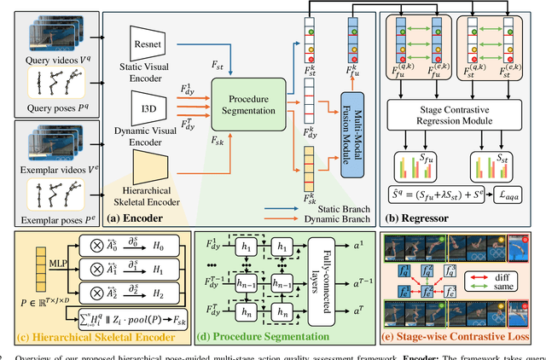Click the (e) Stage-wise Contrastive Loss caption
(x=457, y=344)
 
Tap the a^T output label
(x=359, y=310)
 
